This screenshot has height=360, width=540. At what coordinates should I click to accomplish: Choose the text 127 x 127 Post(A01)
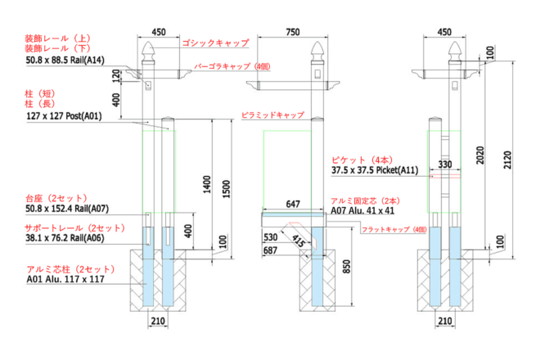63,117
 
